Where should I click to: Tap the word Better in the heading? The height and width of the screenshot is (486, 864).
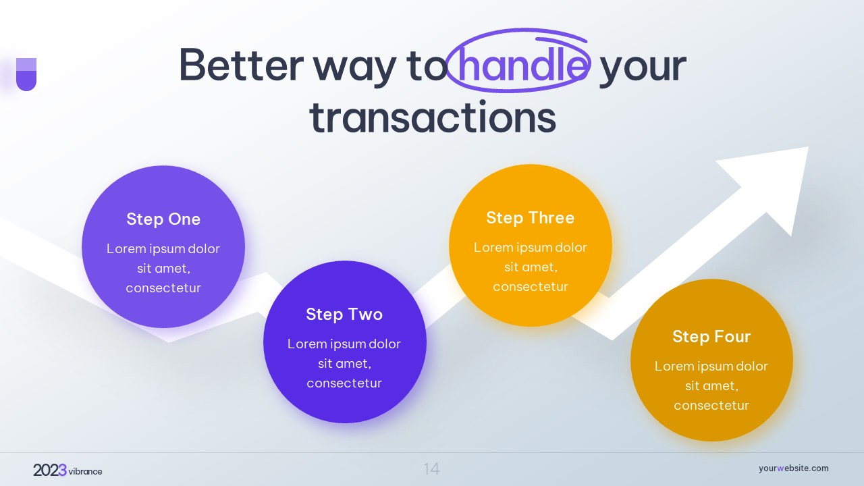242,65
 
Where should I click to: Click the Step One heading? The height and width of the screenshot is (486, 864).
163,219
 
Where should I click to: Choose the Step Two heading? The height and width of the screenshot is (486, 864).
344,315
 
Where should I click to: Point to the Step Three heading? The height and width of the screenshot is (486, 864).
531,217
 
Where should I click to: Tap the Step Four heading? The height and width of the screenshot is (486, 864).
711,336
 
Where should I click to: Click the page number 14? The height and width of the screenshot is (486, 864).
431,469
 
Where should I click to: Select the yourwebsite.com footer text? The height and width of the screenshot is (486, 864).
793,468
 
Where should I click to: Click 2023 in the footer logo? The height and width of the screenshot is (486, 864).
50,470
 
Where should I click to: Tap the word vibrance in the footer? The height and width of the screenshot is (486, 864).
85,471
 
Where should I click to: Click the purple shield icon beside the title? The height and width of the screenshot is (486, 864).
26,74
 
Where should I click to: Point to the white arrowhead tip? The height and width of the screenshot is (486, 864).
808,147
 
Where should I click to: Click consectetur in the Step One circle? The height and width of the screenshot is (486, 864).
163,288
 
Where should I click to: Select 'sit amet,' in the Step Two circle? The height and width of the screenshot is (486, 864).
344,363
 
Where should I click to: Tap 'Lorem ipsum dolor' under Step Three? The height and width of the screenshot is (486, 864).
531,247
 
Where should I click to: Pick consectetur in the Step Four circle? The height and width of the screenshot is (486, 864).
711,406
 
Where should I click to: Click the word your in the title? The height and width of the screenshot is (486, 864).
643,70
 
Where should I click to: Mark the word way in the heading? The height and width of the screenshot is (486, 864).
354,70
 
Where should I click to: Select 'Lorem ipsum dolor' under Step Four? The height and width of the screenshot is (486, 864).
711,366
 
